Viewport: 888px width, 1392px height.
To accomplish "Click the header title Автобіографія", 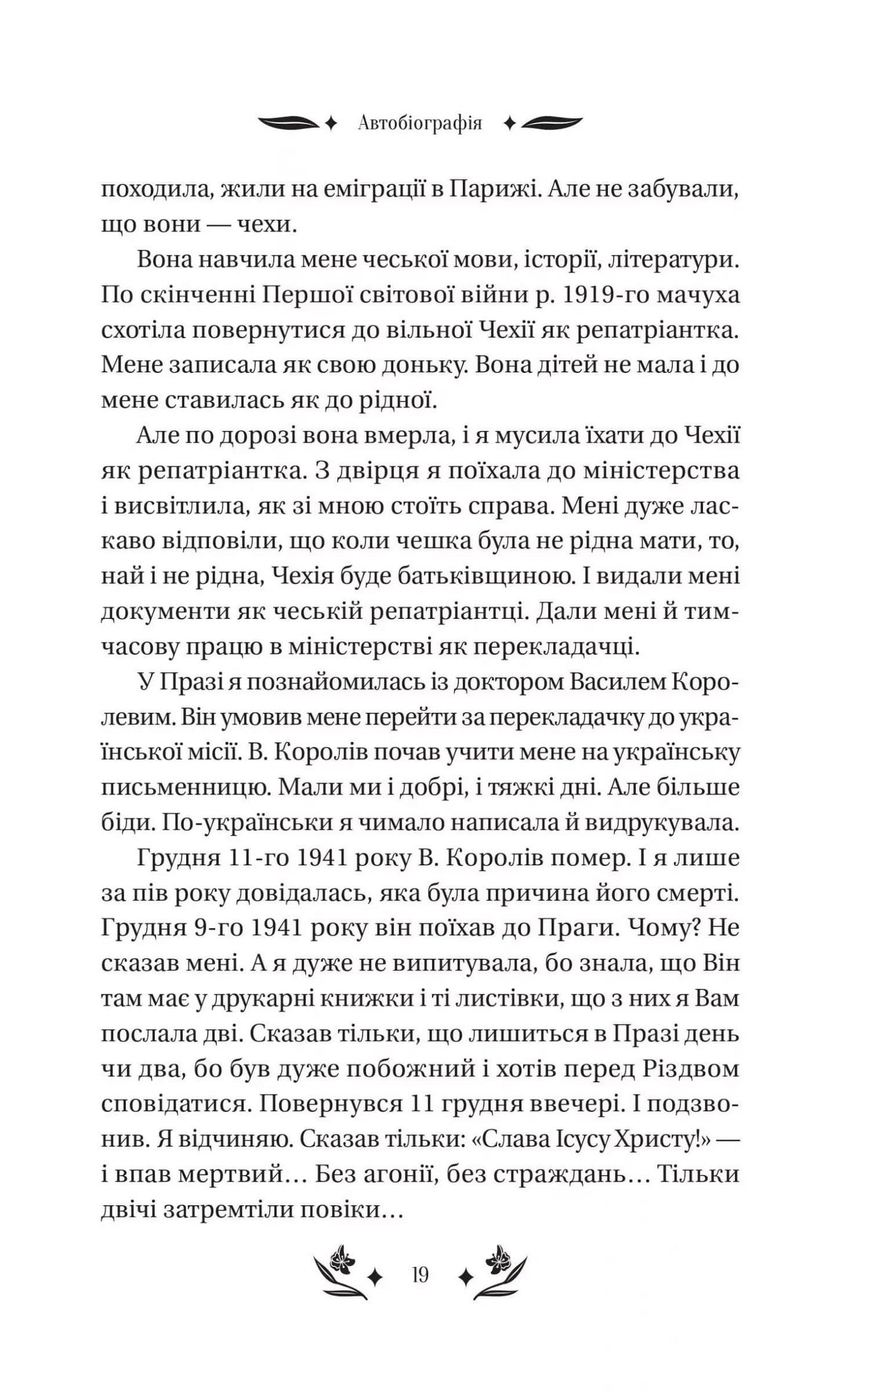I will (420, 124).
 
